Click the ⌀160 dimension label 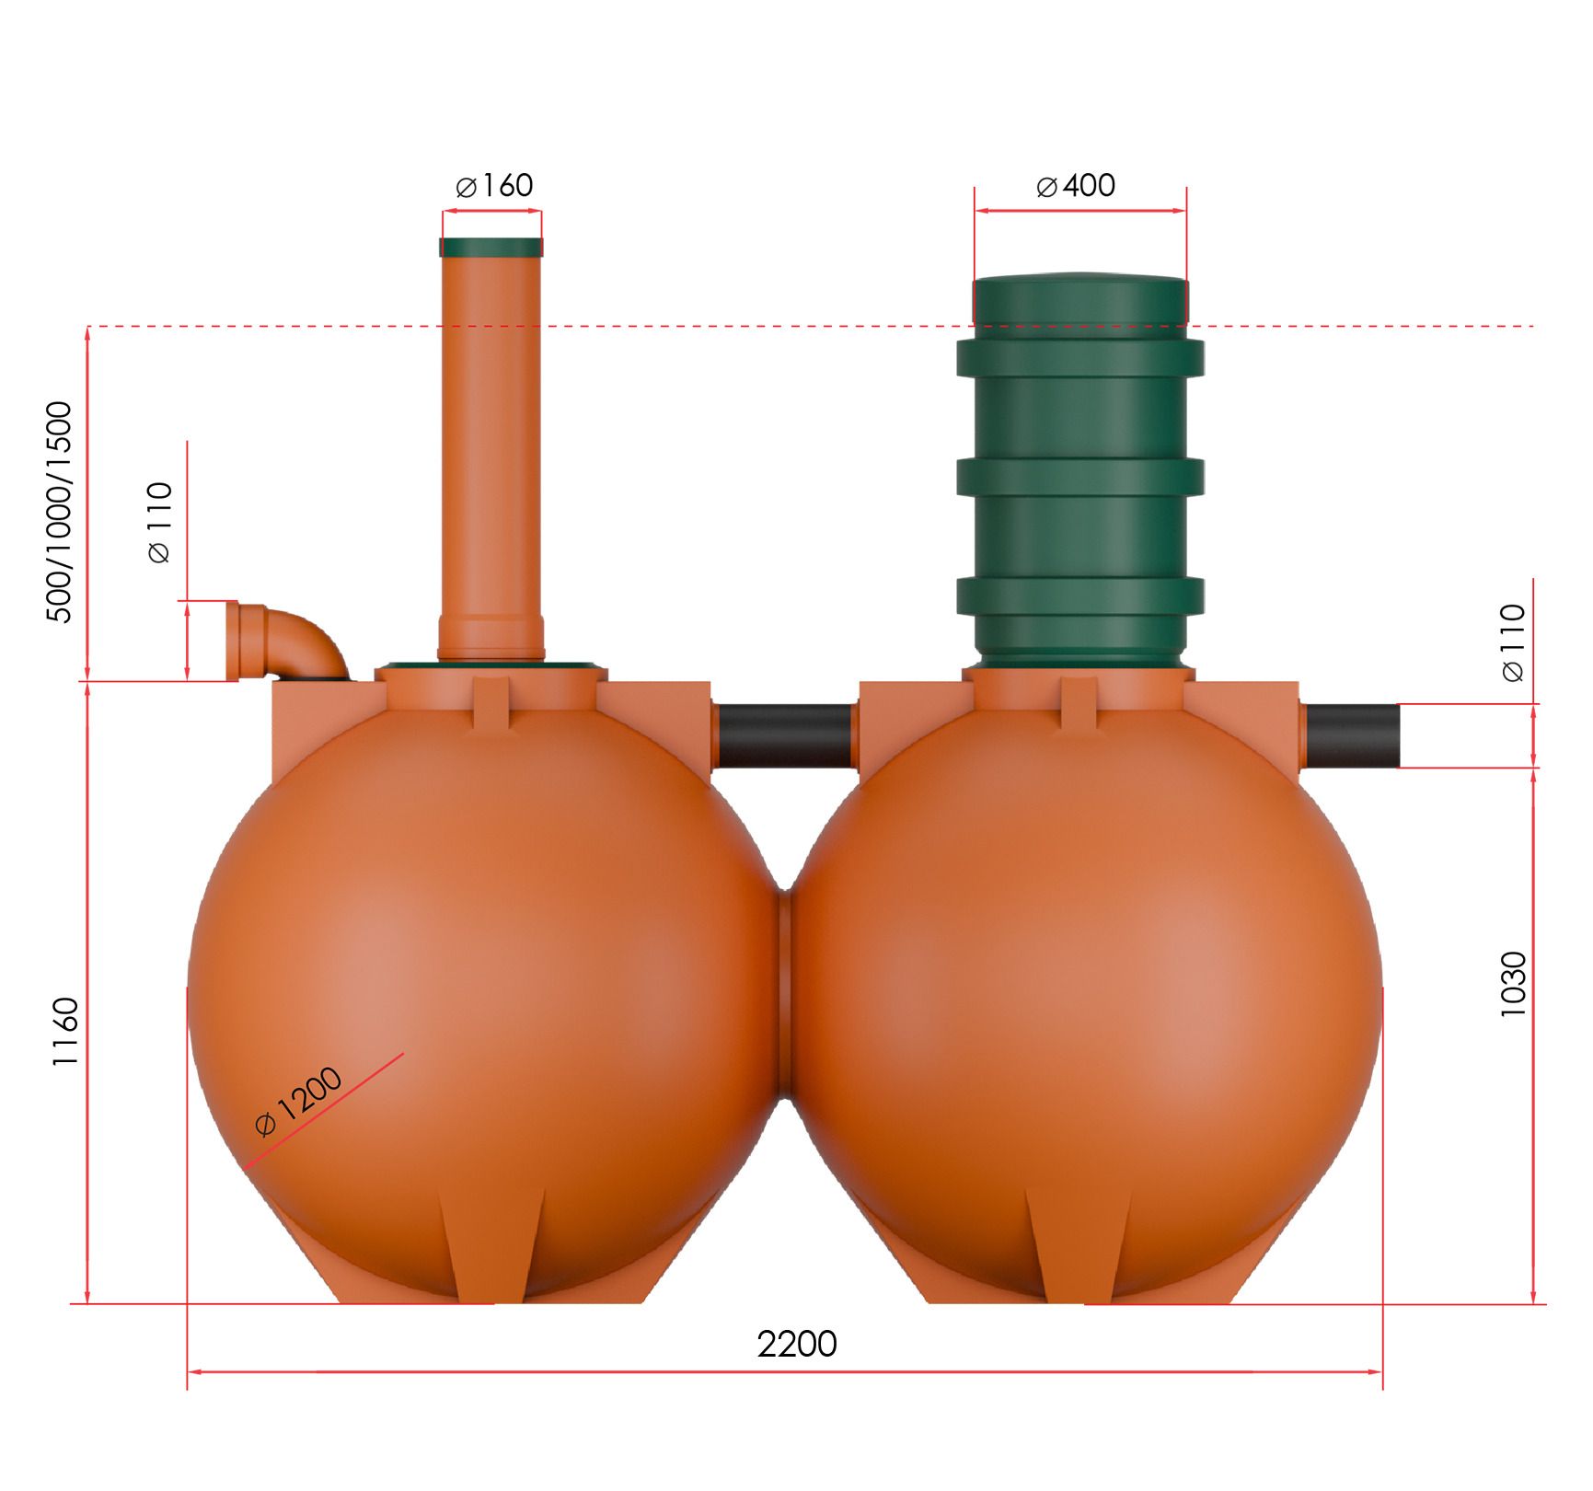tap(494, 186)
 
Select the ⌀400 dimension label tap(1076, 186)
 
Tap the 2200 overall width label tap(797, 1345)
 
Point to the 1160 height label tap(65, 1032)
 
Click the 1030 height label tap(1514, 984)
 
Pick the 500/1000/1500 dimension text tap(58, 513)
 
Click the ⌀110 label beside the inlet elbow tap(159, 522)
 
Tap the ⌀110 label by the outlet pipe tap(1513, 642)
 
